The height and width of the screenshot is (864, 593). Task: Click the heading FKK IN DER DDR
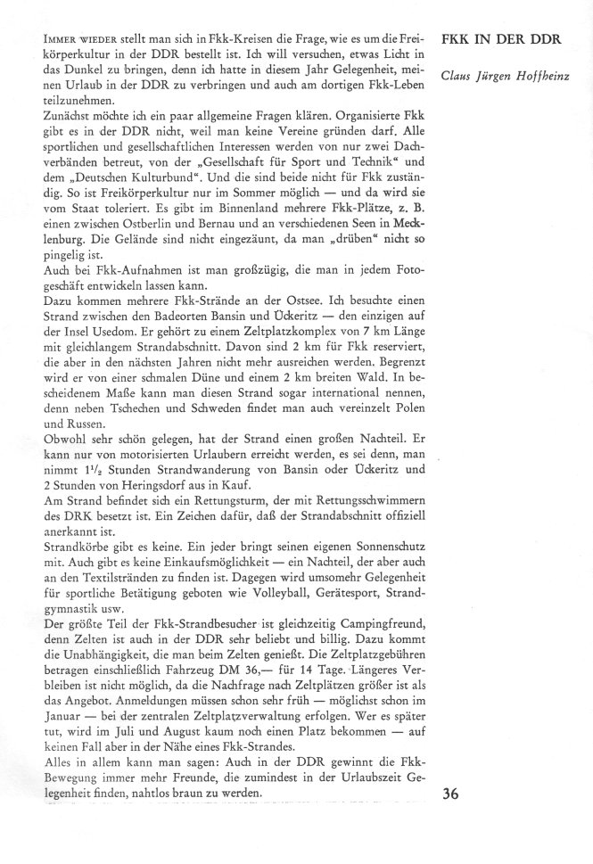(500, 42)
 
